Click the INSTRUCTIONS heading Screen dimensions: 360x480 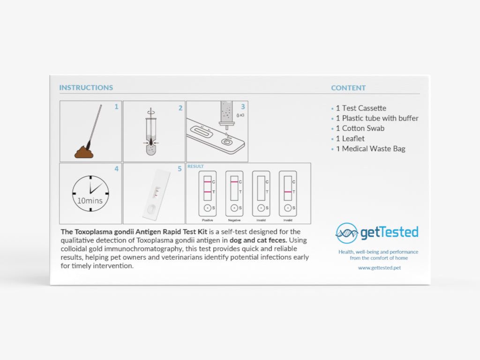pyautogui.click(x=86, y=88)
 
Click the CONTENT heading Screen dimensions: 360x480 pyautogui.click(x=348, y=88)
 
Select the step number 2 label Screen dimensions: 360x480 pyautogui.click(x=180, y=108)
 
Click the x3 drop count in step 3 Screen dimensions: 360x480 pyautogui.click(x=241, y=115)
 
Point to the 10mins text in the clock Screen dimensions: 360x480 pyautogui.click(x=90, y=201)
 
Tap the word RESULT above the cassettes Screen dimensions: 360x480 pyautogui.click(x=195, y=166)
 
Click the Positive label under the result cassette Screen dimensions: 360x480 pyautogui.click(x=207, y=220)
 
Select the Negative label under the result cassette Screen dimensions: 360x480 pyautogui.click(x=234, y=220)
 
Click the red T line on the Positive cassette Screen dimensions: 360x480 pyautogui.click(x=207, y=192)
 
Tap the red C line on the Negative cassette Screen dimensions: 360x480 pyautogui.click(x=233, y=181)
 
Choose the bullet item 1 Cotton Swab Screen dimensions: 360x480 pyautogui.click(x=360, y=128)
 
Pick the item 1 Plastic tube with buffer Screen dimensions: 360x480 pyautogui.click(x=377, y=118)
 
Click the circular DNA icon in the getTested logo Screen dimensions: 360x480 pyautogui.click(x=346, y=233)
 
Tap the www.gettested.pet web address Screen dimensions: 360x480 pyautogui.click(x=379, y=268)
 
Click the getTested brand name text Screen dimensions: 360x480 pyautogui.click(x=389, y=232)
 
